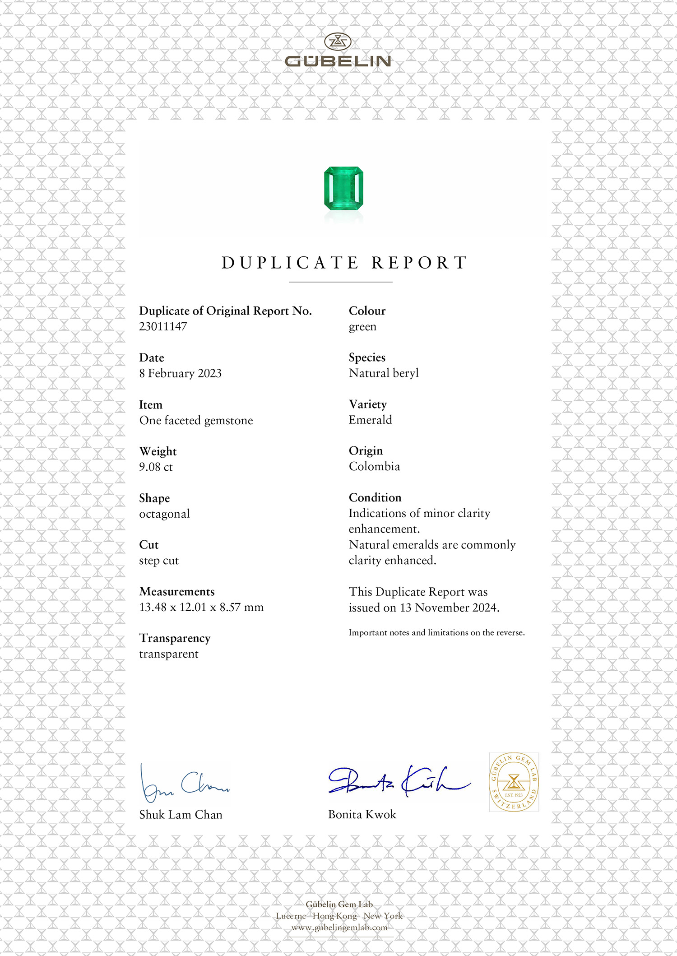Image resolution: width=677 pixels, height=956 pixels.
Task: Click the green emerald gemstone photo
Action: pyautogui.click(x=343, y=188)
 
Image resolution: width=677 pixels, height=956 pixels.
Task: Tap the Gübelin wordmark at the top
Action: pyautogui.click(x=338, y=61)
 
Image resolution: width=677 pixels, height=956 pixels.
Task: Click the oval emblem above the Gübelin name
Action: pyautogui.click(x=338, y=42)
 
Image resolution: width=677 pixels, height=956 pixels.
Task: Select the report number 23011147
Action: pyautogui.click(x=163, y=326)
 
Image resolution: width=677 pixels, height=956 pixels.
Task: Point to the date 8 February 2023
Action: pyautogui.click(x=180, y=373)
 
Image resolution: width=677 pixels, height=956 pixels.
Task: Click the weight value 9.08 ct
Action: pyautogui.click(x=156, y=467)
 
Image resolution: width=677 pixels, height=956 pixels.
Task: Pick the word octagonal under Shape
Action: pyautogui.click(x=164, y=514)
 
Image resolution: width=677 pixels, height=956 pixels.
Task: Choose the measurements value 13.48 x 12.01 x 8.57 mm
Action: pyautogui.click(x=201, y=607)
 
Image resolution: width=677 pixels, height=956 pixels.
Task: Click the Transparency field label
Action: pyautogui.click(x=175, y=638)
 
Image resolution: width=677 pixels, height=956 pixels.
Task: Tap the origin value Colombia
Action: pyautogui.click(x=374, y=466)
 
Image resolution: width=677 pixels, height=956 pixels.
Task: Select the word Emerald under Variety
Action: pyautogui.click(x=370, y=420)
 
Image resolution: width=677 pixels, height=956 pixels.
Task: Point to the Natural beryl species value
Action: pyautogui.click(x=384, y=373)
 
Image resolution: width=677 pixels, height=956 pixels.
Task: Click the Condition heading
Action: pyautogui.click(x=375, y=497)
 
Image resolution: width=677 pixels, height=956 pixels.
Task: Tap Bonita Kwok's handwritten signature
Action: pyautogui.click(x=399, y=781)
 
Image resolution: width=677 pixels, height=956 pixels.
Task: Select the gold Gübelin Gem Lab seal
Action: pyautogui.click(x=514, y=782)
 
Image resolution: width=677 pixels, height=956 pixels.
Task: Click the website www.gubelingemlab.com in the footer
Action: pyautogui.click(x=339, y=928)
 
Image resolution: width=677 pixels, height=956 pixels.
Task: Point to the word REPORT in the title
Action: pyautogui.click(x=419, y=263)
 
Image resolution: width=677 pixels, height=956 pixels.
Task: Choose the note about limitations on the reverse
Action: pyautogui.click(x=436, y=632)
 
